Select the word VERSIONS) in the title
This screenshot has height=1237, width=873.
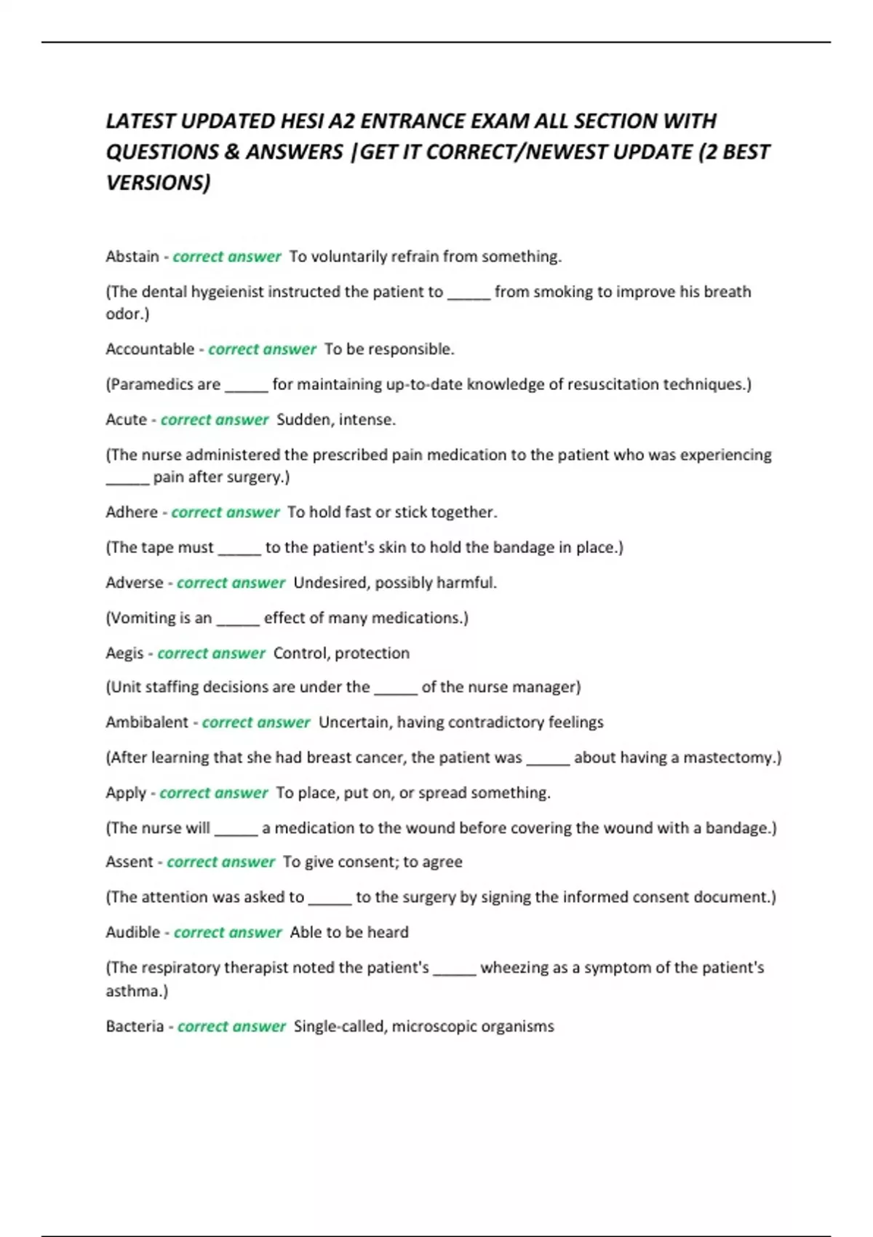pyautogui.click(x=158, y=183)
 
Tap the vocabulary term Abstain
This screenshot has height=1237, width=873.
pyautogui.click(x=132, y=257)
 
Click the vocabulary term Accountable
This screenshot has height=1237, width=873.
pyautogui.click(x=150, y=349)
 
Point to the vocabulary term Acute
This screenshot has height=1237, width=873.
pyautogui.click(x=126, y=420)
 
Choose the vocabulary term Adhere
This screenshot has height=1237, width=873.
pyautogui.click(x=131, y=512)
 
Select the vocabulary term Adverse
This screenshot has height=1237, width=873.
pyautogui.click(x=134, y=583)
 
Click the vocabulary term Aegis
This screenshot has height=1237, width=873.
pyautogui.click(x=124, y=653)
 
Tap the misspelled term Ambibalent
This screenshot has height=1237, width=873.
pyautogui.click(x=146, y=723)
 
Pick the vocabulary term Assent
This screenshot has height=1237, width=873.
pyautogui.click(x=129, y=862)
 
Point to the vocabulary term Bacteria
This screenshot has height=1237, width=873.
pyautogui.click(x=135, y=1027)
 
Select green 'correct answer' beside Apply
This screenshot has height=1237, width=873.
pyautogui.click(x=213, y=793)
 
